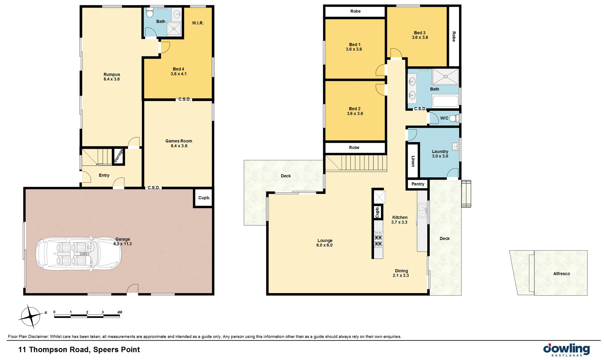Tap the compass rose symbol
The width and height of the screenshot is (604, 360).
31,316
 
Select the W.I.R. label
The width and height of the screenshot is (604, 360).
198,23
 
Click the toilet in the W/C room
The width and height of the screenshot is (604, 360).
454,118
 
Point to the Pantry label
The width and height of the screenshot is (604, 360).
418,184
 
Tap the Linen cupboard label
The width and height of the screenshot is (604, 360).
413,161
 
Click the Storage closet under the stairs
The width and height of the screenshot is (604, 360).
118,156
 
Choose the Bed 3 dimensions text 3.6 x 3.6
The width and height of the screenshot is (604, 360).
420,38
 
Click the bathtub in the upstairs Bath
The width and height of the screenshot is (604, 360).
445,101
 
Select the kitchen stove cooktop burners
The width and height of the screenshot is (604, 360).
378,241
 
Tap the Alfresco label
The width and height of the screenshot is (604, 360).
561,274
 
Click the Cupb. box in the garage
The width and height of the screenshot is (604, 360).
204,198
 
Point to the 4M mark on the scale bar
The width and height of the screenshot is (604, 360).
120,312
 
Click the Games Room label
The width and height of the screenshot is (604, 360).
179,141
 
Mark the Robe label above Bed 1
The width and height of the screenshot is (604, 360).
355,11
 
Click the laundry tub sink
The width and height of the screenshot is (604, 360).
455,146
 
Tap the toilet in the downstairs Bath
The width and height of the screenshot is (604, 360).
150,13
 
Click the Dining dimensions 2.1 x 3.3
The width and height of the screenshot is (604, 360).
401,276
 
